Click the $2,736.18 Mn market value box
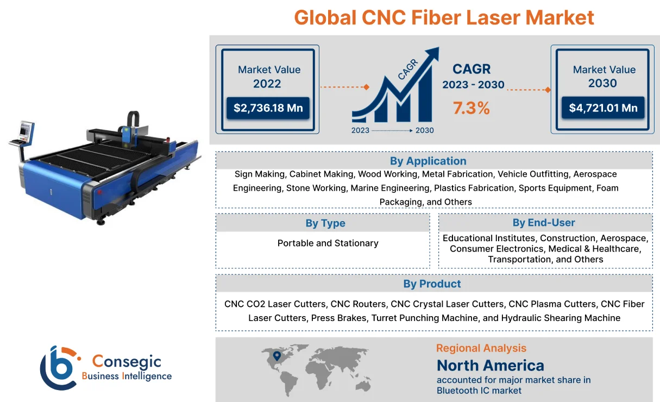(x=268, y=108)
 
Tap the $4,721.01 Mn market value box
(x=603, y=108)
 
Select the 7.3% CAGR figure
(x=472, y=108)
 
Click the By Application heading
(x=428, y=161)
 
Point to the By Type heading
(x=325, y=223)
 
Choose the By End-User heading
(x=543, y=223)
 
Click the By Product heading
(x=432, y=284)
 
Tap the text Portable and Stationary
(x=328, y=243)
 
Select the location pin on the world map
(x=276, y=356)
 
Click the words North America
(x=490, y=365)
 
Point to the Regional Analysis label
(x=481, y=348)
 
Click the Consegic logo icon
(x=59, y=368)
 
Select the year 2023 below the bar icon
(x=360, y=130)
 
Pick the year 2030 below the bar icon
(x=424, y=130)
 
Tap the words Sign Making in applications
(x=260, y=174)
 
